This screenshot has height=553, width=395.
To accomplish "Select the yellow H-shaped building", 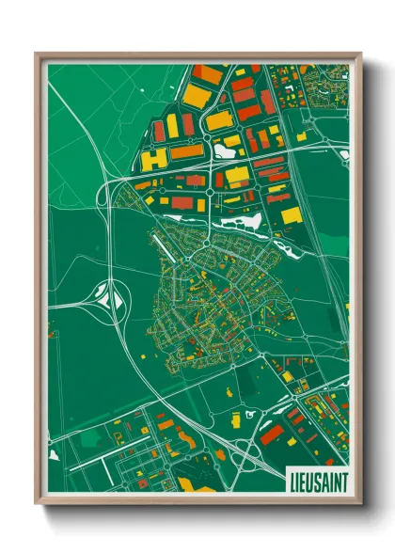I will (152, 158).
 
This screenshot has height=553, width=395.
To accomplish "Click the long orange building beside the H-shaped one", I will (185, 151).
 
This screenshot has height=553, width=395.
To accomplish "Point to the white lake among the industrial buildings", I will (227, 149).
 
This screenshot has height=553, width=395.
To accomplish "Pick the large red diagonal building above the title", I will (273, 434).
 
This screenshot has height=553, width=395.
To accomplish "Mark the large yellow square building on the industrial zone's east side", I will (292, 215).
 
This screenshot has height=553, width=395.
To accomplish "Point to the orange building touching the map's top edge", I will (208, 73).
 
